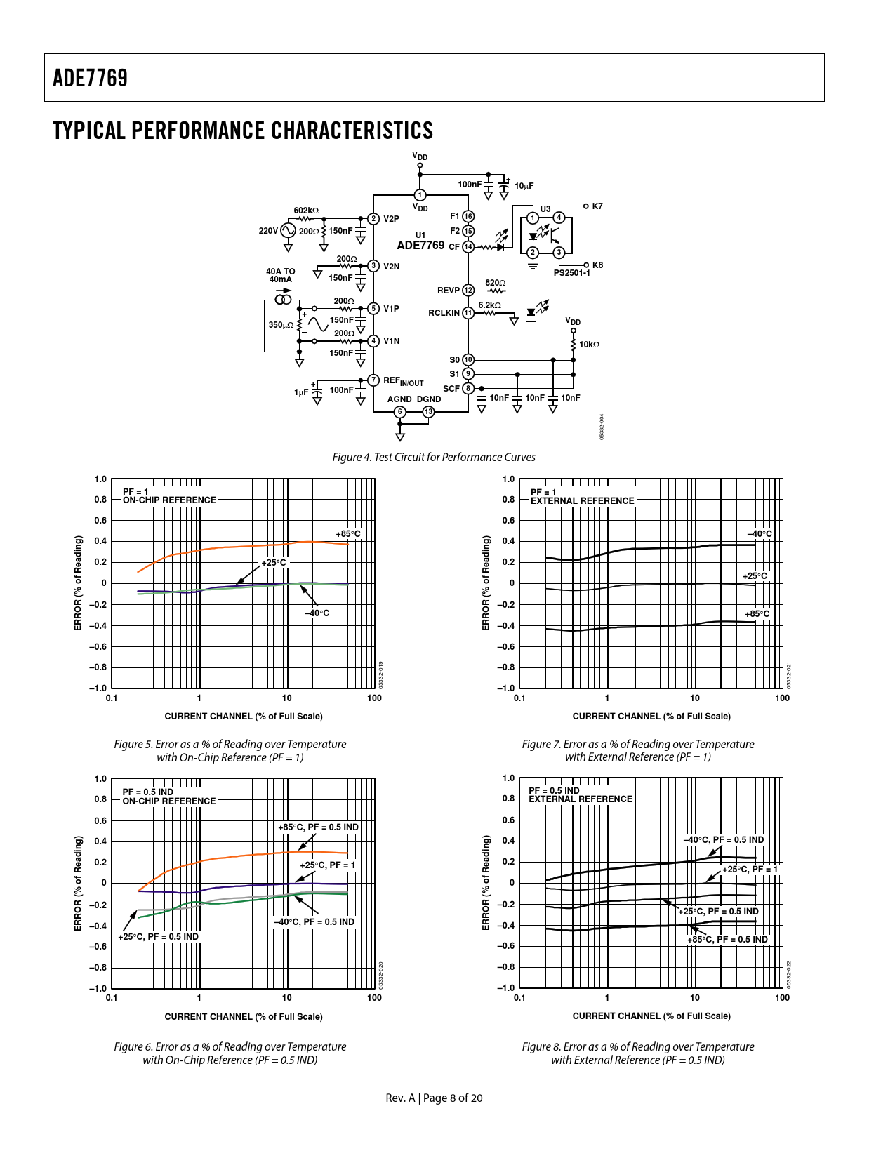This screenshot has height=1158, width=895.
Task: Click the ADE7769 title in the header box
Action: pos(90,78)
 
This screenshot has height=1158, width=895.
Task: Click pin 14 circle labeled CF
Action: pos(468,247)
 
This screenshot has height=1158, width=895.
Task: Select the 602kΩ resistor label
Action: pos(306,211)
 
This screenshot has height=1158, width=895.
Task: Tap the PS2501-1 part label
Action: pos(571,273)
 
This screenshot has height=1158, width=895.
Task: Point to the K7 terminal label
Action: pos(597,206)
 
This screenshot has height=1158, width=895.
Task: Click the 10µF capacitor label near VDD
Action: pos(524,186)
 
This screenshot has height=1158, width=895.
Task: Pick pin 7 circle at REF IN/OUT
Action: pos(373,380)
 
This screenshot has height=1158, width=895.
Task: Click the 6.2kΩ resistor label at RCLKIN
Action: pos(489,305)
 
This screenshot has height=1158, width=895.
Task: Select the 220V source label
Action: pos(268,231)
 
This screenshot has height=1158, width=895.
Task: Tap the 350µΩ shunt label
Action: pos(280,324)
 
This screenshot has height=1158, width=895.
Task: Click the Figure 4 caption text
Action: pos(434,457)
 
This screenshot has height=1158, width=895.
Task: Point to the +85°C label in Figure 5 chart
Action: pos(348,534)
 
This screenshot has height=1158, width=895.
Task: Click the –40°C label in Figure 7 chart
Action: pos(759,534)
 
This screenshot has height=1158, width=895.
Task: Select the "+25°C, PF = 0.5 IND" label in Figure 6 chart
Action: pos(159,936)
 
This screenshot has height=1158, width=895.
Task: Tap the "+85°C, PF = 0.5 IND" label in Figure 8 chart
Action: pos(728,939)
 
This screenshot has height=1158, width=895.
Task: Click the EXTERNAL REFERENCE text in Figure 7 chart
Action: pos(583,501)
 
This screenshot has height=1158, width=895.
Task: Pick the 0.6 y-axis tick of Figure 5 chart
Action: pos(100,521)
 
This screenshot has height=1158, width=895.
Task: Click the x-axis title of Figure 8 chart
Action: pos(651,1016)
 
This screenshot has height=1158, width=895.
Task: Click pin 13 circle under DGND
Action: pos(429,412)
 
